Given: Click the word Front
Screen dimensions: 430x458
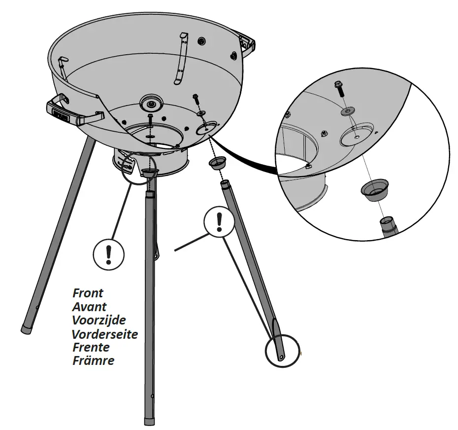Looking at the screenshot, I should [x=88, y=293].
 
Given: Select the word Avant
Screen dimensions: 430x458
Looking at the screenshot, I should [x=89, y=307].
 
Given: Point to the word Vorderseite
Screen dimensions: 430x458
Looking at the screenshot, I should [x=104, y=334].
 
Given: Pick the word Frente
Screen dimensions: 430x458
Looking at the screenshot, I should [x=91, y=347].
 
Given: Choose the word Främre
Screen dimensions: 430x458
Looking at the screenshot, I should [x=93, y=360].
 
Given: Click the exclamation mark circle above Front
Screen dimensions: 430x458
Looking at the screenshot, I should [x=109, y=254].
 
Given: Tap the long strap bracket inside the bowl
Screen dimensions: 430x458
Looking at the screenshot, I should [x=180, y=59].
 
